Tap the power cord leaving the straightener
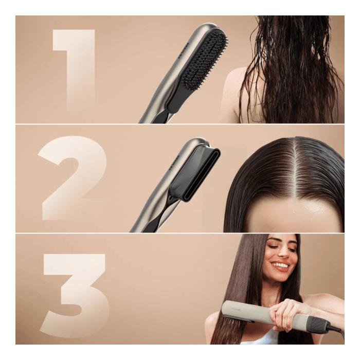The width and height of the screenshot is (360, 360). (x=337, y=329)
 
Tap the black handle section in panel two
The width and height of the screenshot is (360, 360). (x=149, y=221)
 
